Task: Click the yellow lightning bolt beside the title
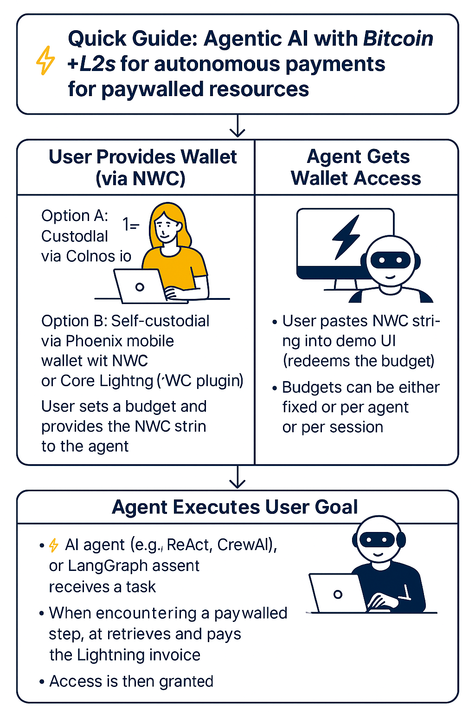click(45, 60)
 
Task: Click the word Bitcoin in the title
click(398, 39)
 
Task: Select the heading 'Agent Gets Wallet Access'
click(356, 167)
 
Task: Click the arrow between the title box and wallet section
click(237, 127)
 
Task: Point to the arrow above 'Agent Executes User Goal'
click(237, 478)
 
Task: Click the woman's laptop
click(139, 286)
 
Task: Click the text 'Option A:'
click(75, 216)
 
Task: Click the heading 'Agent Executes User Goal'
click(235, 507)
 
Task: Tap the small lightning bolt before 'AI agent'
click(54, 545)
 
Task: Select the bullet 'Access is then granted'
click(131, 681)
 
